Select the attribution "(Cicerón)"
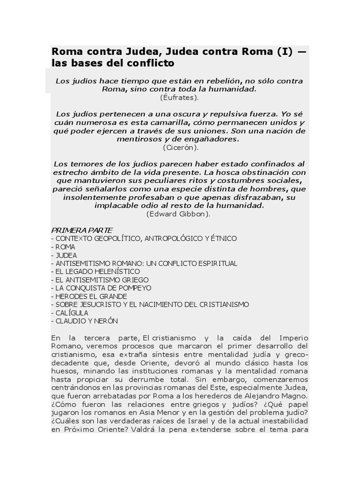pyautogui.click(x=180, y=147)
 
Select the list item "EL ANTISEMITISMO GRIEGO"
pyautogui.click(x=100, y=280)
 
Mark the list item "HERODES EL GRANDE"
pyautogui.click(x=89, y=296)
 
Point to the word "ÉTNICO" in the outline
pyautogui.click(x=222, y=239)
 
